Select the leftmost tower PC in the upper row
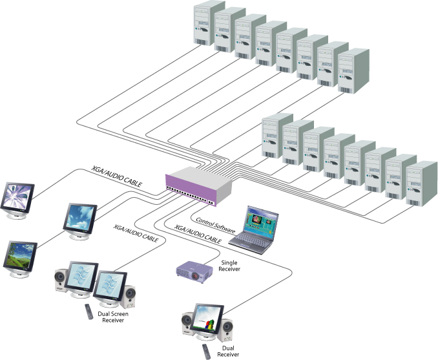[209, 26]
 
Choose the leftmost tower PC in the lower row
[276, 136]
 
